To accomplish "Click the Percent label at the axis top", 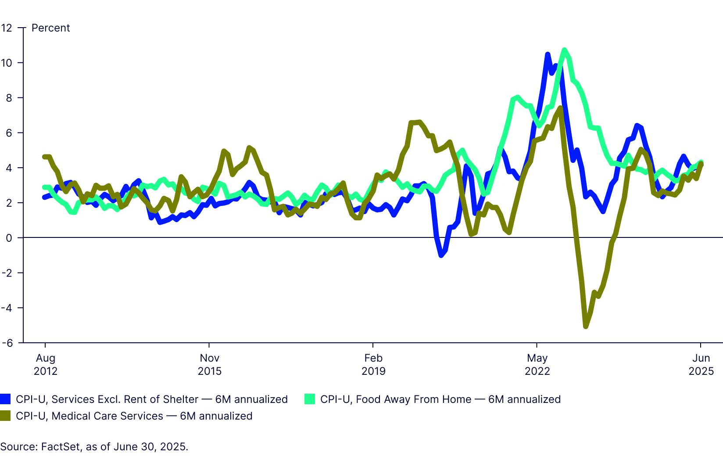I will pyautogui.click(x=50, y=28).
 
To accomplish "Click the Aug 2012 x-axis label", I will pyautogui.click(x=46, y=365).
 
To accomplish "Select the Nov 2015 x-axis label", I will pyautogui.click(x=209, y=365).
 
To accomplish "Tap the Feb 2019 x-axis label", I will pyautogui.click(x=373, y=365).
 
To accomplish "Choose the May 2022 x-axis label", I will pyautogui.click(x=537, y=365).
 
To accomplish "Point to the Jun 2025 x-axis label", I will pyautogui.click(x=701, y=365).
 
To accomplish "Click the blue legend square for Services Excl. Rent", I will pyautogui.click(x=5, y=399).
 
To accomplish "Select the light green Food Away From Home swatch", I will pyautogui.click(x=310, y=399).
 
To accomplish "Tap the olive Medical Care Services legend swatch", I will pyautogui.click(x=5, y=416).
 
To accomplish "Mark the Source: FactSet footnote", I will pyautogui.click(x=94, y=447).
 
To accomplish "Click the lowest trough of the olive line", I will pyautogui.click(x=586, y=327).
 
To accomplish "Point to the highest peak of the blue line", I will pyautogui.click(x=548, y=54).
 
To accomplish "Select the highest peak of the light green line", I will pyautogui.click(x=565, y=50).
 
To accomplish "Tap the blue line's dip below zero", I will pyautogui.click(x=441, y=255).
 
